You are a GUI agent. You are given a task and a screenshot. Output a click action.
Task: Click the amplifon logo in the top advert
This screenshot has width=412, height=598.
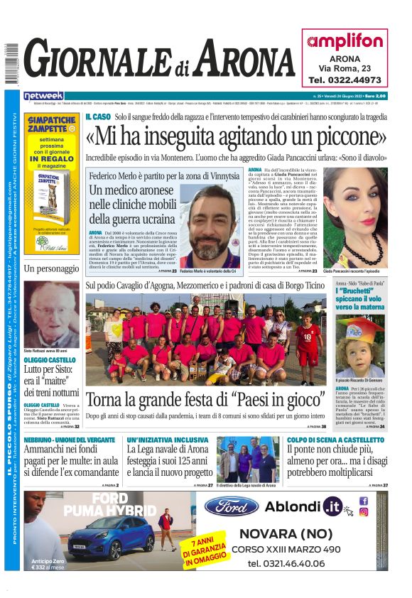tap(345, 41)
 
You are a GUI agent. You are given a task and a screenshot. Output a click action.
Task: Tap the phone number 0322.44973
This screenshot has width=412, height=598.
tap(345, 80)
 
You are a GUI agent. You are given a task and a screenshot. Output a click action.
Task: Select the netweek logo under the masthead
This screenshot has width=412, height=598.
tap(43, 95)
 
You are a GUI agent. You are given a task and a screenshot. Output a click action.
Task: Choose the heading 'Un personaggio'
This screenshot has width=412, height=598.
tap(51, 268)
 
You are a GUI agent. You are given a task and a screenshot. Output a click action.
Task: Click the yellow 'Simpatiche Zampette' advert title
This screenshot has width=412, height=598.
tap(51, 122)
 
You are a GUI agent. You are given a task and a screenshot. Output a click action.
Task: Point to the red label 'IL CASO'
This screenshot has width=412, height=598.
tap(97, 116)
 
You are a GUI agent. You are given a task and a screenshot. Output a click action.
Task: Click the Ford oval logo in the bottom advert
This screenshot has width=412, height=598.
tap(231, 506)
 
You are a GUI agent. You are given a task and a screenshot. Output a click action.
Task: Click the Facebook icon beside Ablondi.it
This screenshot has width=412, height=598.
tap(364, 501)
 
